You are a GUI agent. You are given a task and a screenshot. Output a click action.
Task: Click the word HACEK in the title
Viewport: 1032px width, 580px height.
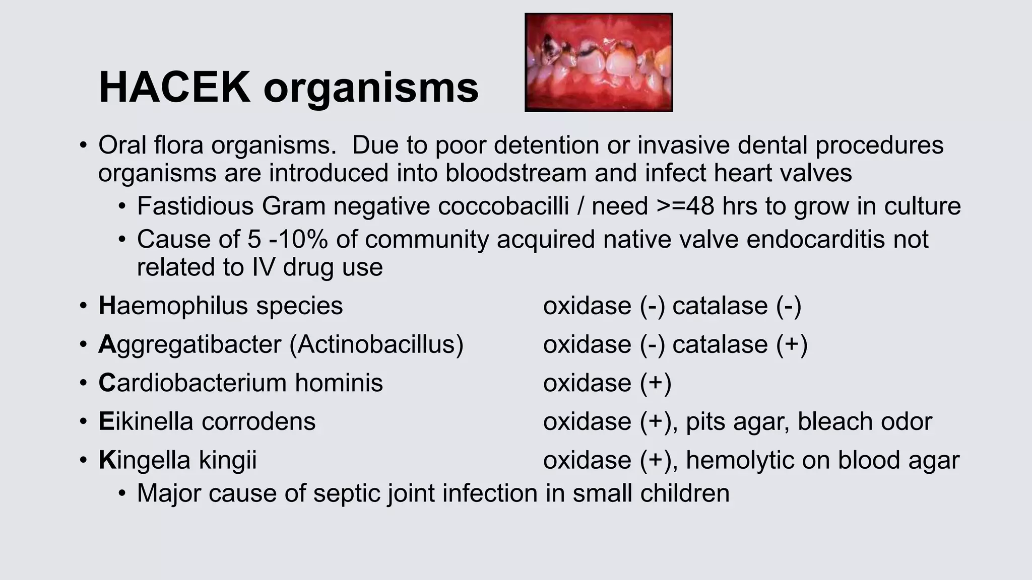coord(174,88)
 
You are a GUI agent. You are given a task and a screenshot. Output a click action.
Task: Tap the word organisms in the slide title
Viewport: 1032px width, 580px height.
coord(370,89)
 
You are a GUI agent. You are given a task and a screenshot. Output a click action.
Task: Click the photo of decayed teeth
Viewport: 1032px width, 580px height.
coord(599,62)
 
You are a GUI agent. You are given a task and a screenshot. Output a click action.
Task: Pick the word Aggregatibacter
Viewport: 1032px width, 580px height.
coord(190,345)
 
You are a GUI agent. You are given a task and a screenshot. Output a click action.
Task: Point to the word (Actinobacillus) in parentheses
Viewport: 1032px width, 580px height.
coord(376,345)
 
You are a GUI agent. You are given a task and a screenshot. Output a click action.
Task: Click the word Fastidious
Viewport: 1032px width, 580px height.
coord(195,206)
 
